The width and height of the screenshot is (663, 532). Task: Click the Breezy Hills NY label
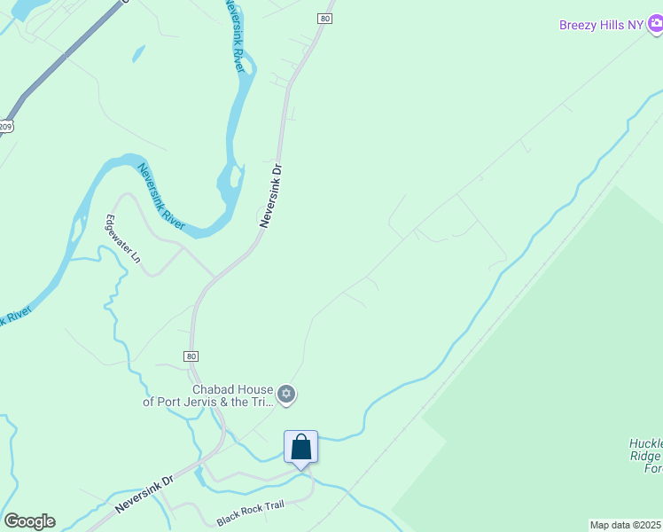click(x=600, y=25)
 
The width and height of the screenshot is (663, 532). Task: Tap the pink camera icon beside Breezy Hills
click(x=655, y=26)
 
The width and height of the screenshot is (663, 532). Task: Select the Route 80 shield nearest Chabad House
click(x=191, y=356)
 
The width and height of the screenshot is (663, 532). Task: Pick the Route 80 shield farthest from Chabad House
click(x=326, y=18)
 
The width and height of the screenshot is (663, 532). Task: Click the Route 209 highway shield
click(x=5, y=126)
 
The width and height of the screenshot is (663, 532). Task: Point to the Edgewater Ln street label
click(x=123, y=239)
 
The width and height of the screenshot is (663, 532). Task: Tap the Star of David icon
click(x=286, y=394)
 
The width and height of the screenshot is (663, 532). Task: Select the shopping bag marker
click(x=300, y=446)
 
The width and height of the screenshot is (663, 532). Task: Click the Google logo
click(x=29, y=521)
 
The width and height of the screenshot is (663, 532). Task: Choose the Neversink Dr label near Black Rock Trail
click(x=143, y=495)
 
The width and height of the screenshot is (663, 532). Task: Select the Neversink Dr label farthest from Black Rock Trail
click(x=271, y=195)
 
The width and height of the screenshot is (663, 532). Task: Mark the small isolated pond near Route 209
click(x=138, y=53)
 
